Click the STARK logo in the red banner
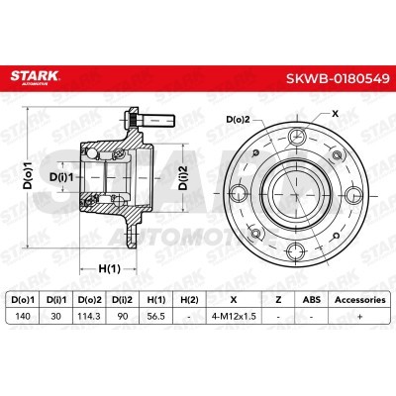click(35, 77)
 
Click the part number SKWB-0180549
click(338, 78)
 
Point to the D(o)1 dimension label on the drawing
click(29, 175)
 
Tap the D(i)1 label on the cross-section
click(61, 177)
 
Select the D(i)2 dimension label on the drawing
click(183, 177)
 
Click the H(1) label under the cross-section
click(109, 269)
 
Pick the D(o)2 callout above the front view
click(238, 120)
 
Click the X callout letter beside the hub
click(335, 114)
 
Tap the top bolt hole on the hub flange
click(296, 137)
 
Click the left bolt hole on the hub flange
click(238, 193)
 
